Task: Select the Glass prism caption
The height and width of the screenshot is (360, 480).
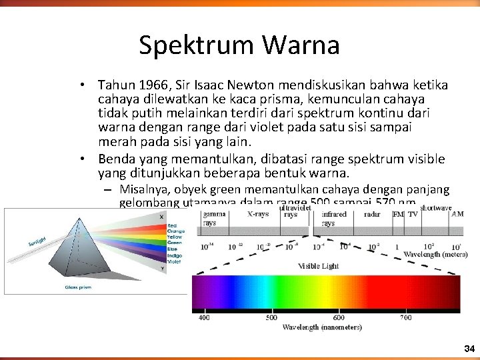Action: [78, 287]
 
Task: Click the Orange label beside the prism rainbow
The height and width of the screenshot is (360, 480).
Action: [177, 231]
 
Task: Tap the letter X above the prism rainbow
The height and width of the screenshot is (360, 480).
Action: [161, 217]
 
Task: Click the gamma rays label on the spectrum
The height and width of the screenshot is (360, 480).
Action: [213, 219]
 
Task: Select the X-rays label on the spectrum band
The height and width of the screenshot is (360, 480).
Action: [259, 215]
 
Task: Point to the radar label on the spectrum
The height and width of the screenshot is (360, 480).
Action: [372, 215]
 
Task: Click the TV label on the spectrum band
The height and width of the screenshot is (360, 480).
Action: [413, 215]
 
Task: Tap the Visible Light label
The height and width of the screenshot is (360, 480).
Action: [318, 266]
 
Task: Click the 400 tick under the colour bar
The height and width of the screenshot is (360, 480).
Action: [204, 317]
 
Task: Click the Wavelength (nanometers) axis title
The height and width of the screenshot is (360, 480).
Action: [313, 327]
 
